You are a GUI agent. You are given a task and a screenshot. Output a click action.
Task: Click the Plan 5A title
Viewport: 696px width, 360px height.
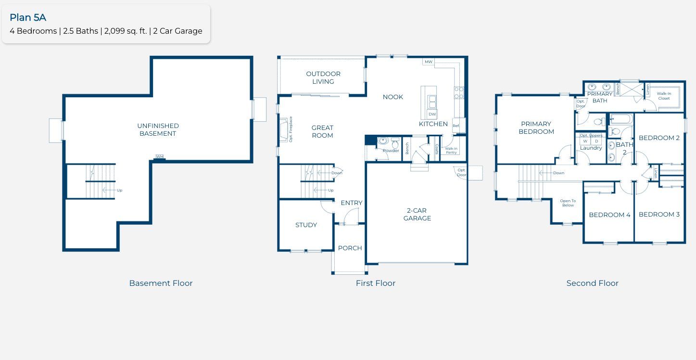point(28,18)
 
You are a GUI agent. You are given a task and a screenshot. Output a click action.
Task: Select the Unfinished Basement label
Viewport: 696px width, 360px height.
point(158,129)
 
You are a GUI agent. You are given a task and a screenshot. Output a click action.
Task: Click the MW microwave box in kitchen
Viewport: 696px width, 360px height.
point(428,62)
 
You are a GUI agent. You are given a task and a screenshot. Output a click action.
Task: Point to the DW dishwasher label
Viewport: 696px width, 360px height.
point(432,114)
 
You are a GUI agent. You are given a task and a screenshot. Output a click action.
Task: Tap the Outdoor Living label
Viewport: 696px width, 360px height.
point(323,77)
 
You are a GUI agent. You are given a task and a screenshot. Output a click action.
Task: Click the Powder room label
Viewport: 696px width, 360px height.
point(391,151)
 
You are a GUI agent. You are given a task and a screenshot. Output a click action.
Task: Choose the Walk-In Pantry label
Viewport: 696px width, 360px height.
point(451,150)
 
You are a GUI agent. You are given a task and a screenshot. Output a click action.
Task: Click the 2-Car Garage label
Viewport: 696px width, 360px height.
point(417,214)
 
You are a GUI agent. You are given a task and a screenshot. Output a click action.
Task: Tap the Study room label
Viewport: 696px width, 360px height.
point(306,225)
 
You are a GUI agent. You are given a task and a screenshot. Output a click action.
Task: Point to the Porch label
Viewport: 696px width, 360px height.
point(350,248)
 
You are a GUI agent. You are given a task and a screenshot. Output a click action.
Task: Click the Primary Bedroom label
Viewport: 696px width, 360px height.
point(536,128)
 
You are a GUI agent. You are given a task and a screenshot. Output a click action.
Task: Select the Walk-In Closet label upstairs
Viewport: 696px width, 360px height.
point(664,96)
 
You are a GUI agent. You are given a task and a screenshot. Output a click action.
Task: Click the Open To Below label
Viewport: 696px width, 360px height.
point(568,203)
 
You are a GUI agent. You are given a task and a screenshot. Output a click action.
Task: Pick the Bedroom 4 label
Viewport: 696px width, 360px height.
point(609,215)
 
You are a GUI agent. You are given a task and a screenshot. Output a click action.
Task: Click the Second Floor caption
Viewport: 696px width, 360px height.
point(592,283)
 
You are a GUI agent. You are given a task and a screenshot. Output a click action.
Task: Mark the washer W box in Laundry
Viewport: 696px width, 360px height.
point(585,141)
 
